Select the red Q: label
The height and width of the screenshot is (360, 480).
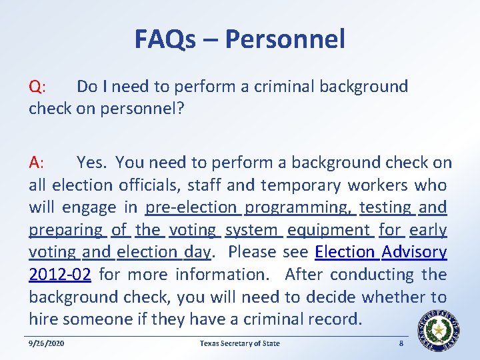pyautogui.click(x=37, y=87)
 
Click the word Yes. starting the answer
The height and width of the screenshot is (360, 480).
pyautogui.click(x=92, y=163)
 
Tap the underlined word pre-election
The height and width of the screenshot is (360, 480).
pyautogui.click(x=191, y=207)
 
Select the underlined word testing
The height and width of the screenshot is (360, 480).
pyautogui.click(x=385, y=207)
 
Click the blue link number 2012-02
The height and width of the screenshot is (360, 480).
pyautogui.click(x=59, y=275)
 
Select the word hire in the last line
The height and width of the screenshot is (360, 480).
pyautogui.click(x=44, y=319)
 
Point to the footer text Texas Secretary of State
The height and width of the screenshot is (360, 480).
pyautogui.click(x=240, y=344)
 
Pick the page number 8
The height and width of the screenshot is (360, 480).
pyautogui.click(x=401, y=344)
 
